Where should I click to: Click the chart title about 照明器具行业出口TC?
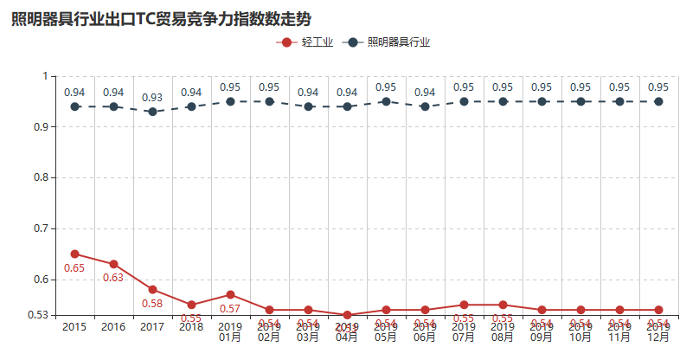point(161,19)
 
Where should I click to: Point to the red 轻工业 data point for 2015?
point(75,254)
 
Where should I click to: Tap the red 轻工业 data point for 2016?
point(113,264)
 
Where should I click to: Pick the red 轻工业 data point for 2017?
point(152,289)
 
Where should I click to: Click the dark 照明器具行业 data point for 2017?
point(152,112)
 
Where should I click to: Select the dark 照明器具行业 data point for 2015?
point(75,106)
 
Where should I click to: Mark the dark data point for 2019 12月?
point(658,101)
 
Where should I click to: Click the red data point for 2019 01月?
point(230,294)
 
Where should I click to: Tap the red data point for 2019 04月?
point(347,315)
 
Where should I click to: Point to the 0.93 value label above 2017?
point(152,97)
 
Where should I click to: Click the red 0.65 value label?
point(74,268)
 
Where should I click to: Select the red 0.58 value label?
point(152,304)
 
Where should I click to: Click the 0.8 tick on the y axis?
point(40,177)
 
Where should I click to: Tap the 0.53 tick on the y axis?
point(36,315)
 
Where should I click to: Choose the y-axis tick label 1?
point(44,76)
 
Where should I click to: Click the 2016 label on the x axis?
point(113,327)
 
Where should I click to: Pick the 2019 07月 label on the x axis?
point(464,332)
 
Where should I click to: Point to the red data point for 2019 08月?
point(503,305)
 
